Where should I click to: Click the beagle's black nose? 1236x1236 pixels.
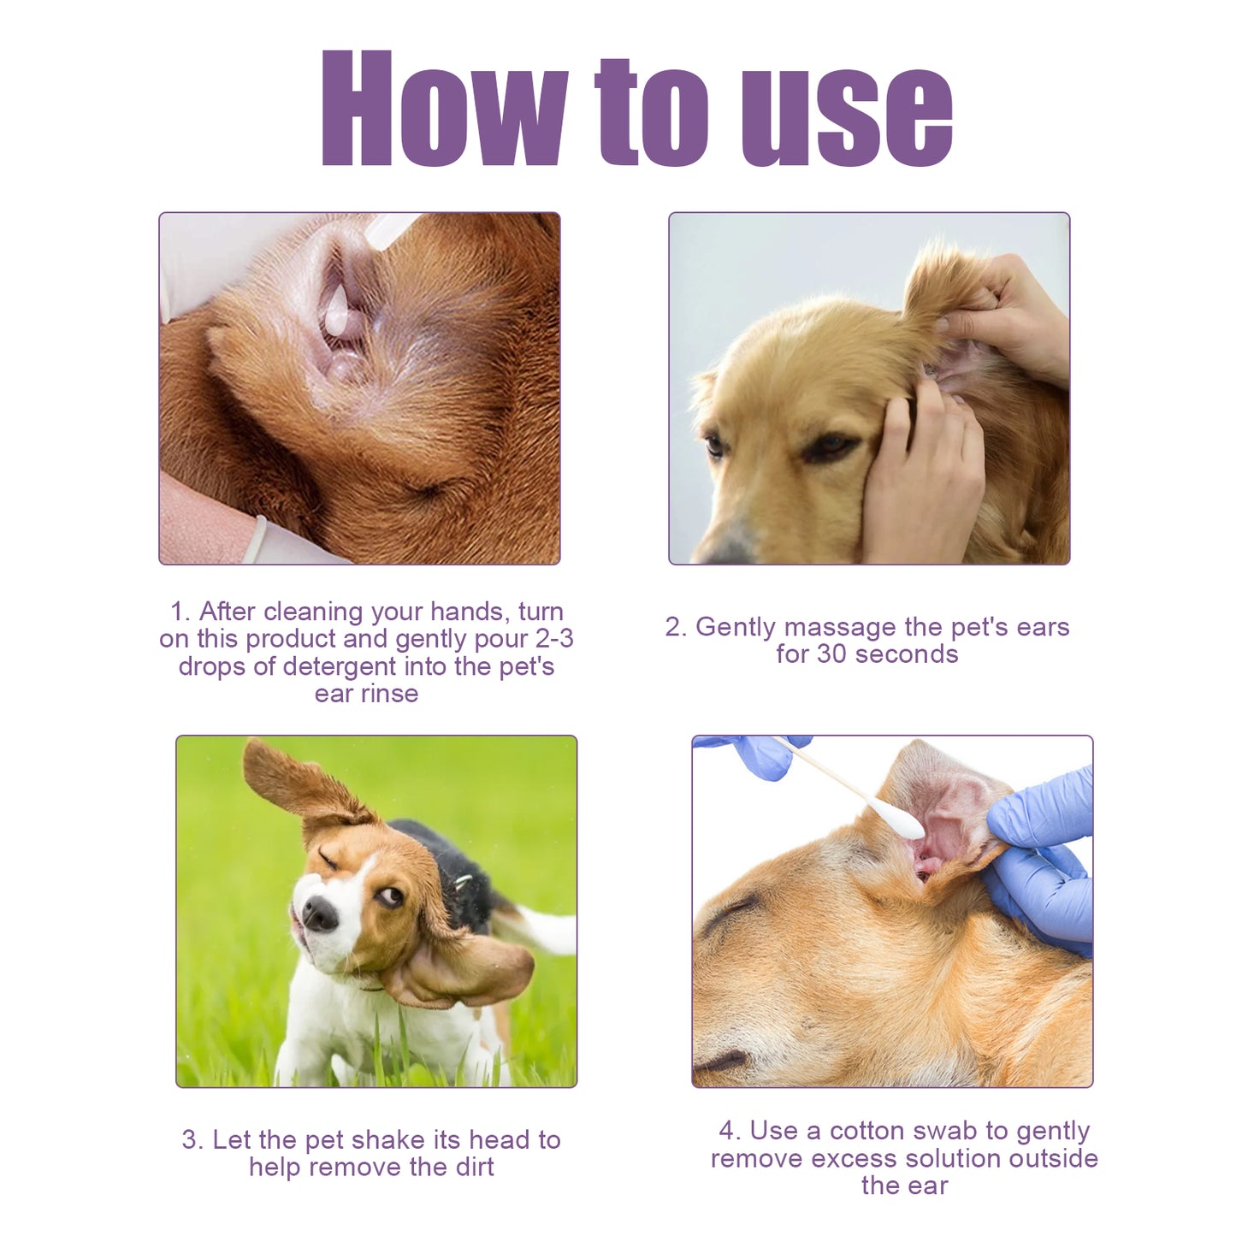(320, 914)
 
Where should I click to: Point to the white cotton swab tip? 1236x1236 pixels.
(898, 819)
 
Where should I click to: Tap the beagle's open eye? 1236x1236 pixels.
(392, 895)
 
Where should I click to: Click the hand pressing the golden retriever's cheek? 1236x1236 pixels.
(924, 479)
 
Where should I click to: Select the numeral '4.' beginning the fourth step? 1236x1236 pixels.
(730, 1131)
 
